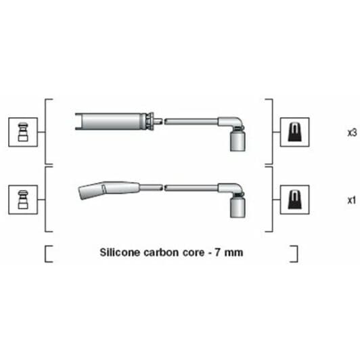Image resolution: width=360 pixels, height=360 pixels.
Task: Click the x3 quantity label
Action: (x=352, y=133)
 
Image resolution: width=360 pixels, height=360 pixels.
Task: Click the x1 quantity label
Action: (x=351, y=200)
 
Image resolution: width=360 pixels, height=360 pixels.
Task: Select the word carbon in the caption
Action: (x=161, y=252)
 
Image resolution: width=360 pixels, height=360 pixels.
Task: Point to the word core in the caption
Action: (x=194, y=253)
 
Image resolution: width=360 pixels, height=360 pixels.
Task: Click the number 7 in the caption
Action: (x=217, y=252)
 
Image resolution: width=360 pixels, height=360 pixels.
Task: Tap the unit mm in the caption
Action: (x=233, y=253)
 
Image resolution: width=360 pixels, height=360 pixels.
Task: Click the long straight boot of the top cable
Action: (x=110, y=121)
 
